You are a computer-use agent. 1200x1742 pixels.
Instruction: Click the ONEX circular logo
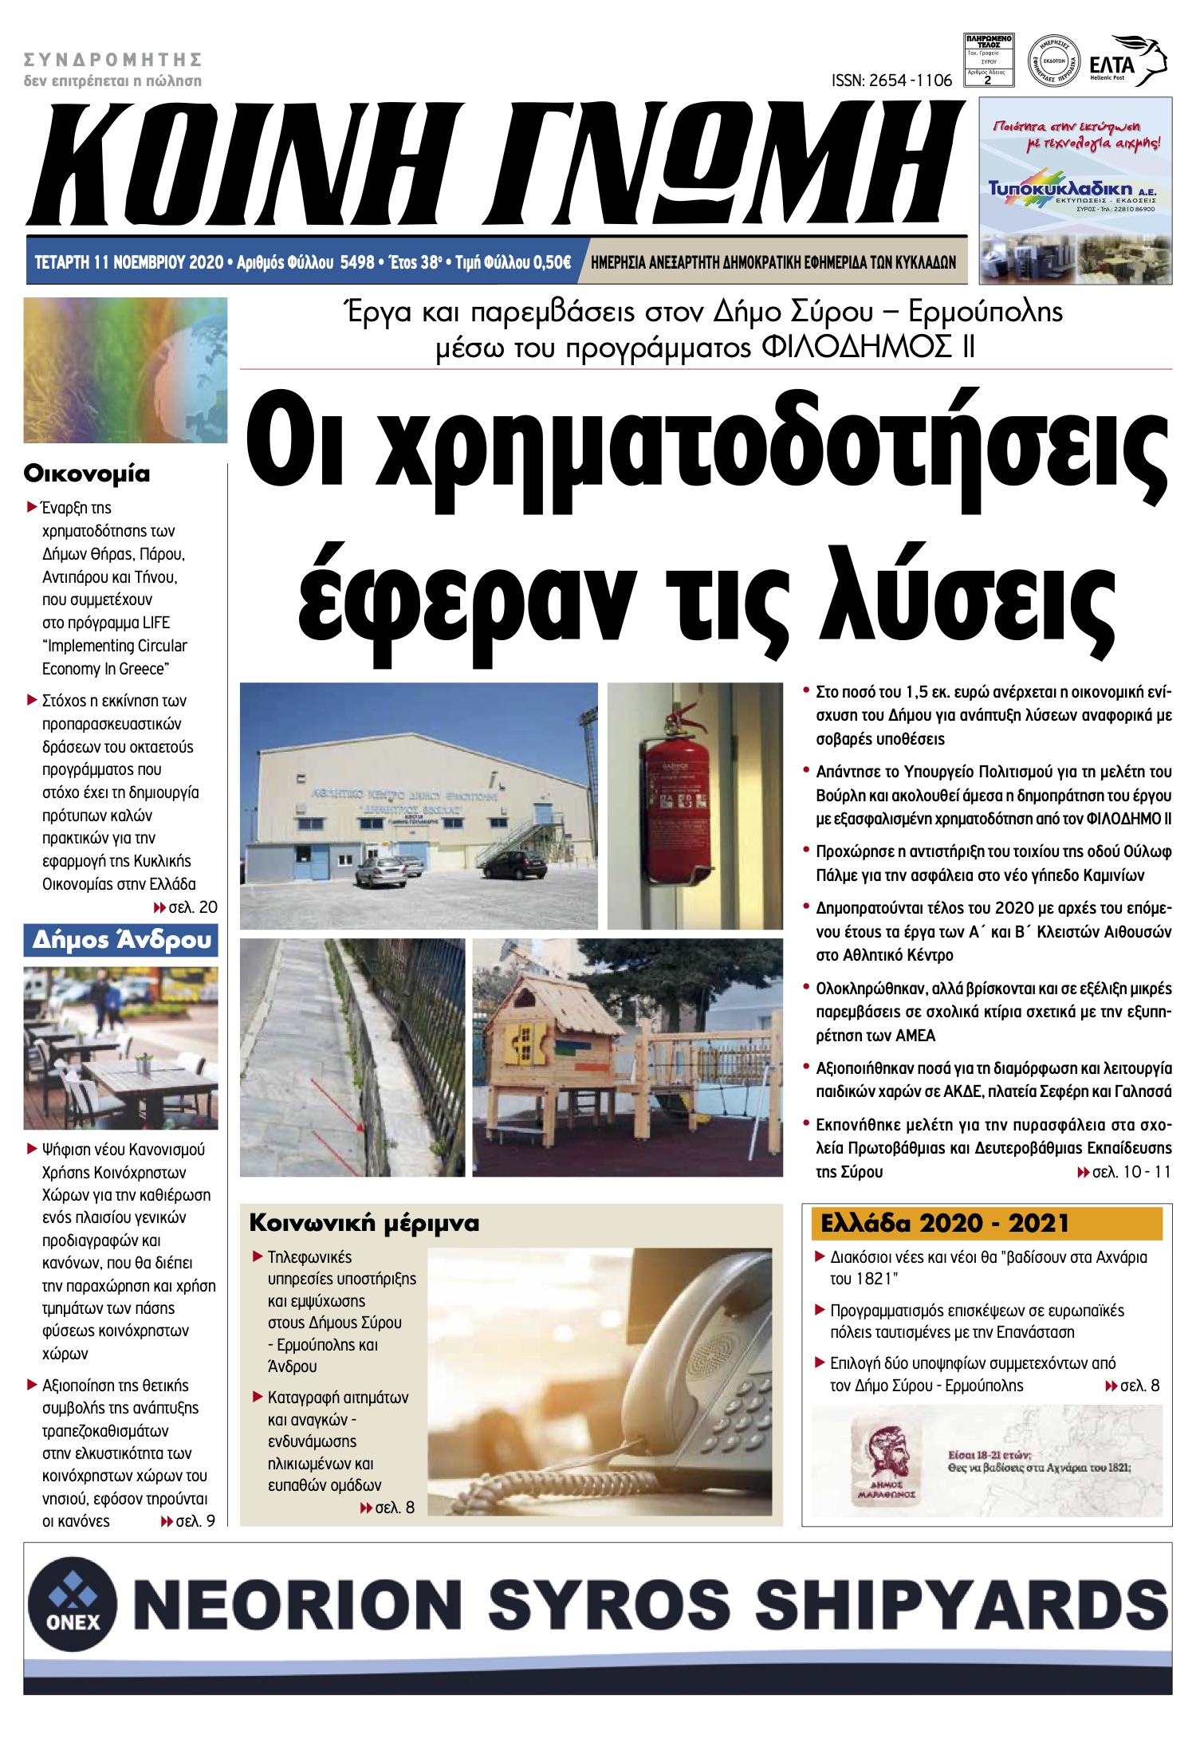[x=73, y=1605]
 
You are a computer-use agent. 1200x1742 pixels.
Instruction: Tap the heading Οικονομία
[x=87, y=474]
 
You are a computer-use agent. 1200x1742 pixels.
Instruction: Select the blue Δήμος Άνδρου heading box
[x=121, y=940]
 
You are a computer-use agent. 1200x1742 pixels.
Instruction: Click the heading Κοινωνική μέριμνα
[x=364, y=1223]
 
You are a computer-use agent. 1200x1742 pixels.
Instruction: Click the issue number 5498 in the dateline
[x=356, y=262]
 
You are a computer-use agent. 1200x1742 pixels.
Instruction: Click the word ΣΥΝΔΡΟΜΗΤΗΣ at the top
[x=112, y=60]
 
